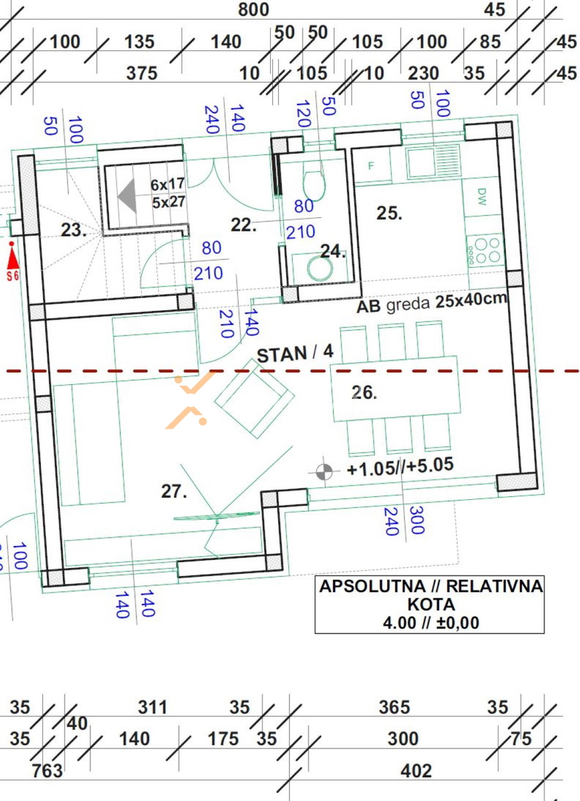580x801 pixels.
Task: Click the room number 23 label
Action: [x=73, y=231]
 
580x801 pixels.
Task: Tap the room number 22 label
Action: [x=243, y=225]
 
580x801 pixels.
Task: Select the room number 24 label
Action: [x=333, y=251]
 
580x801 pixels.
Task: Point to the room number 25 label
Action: [x=389, y=213]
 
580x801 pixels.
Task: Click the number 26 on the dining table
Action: [x=364, y=392]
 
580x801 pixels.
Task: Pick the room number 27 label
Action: [x=174, y=491]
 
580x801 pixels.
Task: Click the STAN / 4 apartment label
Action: [x=295, y=353]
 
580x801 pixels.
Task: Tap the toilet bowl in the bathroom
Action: [x=314, y=185]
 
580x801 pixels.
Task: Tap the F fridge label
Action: [x=371, y=165]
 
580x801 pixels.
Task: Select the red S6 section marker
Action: [x=13, y=262]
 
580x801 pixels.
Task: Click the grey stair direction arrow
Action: [x=128, y=196]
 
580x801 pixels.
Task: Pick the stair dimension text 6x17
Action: [x=167, y=184]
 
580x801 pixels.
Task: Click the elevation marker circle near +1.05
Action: [x=323, y=472]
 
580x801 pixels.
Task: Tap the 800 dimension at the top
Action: [x=254, y=9]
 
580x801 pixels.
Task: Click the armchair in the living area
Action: [x=254, y=398]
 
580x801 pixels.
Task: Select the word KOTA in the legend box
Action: [x=431, y=604]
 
